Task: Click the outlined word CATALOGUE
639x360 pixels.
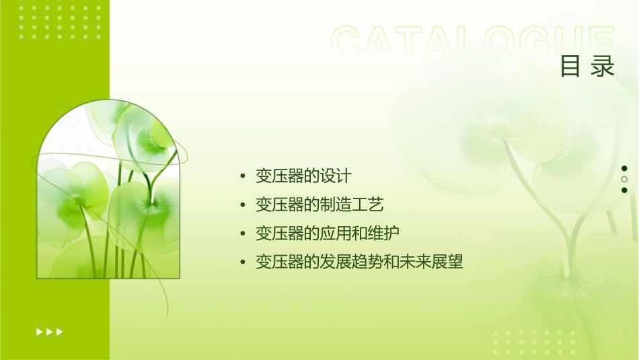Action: [473, 42]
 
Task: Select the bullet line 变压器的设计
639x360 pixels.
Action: [303, 176]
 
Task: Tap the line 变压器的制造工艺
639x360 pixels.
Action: [319, 205]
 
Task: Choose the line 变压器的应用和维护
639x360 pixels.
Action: [328, 233]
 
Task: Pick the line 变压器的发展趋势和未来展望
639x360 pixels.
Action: [359, 261]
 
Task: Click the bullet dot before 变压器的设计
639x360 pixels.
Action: [243, 177]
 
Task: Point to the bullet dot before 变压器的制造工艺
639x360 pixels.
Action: [243, 205]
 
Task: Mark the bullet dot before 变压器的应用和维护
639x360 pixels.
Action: [243, 233]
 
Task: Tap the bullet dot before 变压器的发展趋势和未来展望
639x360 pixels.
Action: [243, 262]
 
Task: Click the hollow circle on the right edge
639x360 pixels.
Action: [624, 179]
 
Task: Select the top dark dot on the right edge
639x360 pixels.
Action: [624, 168]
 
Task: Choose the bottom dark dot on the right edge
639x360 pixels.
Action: [624, 190]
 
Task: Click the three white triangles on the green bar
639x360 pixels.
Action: [49, 331]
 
